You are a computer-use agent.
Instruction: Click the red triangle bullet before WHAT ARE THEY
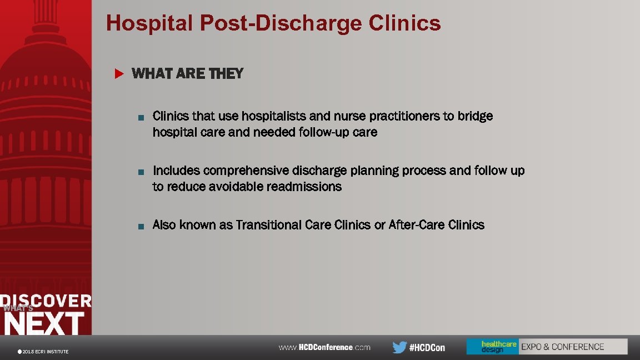click(118, 73)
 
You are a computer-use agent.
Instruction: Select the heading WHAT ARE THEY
click(188, 73)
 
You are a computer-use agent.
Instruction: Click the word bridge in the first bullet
click(475, 116)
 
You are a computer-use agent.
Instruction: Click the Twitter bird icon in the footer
click(399, 347)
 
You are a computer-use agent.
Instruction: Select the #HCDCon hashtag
click(427, 348)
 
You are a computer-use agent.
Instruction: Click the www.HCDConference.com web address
click(324, 347)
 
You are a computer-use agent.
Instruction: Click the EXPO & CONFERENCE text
click(562, 347)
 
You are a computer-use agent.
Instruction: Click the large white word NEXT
click(44, 323)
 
